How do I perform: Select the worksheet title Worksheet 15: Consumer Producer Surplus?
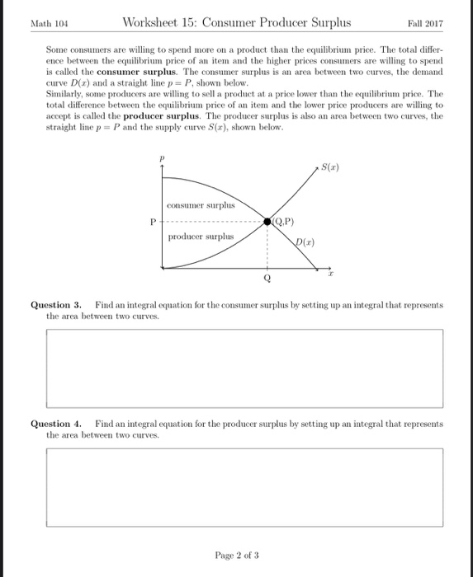[236, 22]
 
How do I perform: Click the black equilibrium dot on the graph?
[267, 222]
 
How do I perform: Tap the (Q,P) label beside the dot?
[285, 221]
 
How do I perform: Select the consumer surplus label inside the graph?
[201, 204]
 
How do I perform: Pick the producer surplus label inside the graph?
[201, 237]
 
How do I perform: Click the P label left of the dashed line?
[153, 222]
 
